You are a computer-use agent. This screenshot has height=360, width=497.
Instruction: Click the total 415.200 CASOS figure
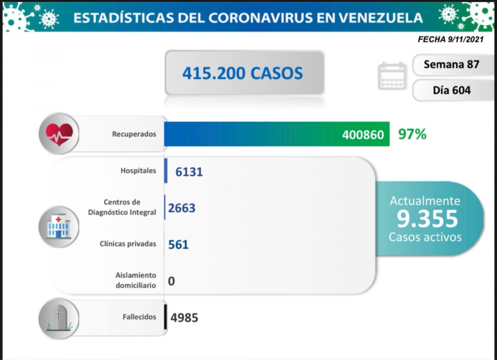click(243, 73)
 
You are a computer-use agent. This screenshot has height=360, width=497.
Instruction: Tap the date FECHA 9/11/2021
click(450, 39)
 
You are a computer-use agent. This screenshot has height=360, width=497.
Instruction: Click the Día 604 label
click(451, 90)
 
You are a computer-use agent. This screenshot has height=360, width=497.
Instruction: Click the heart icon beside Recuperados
click(59, 134)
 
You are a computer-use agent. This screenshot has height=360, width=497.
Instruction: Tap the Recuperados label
click(134, 134)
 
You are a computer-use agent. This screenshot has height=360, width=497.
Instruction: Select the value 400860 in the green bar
click(363, 134)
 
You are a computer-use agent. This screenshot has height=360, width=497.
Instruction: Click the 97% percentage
click(412, 134)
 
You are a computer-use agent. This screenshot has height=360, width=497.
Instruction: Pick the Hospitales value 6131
click(189, 172)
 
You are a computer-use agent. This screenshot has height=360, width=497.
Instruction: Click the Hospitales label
click(138, 171)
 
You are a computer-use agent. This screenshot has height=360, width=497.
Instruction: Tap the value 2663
click(182, 208)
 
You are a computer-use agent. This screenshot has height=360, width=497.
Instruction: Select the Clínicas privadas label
click(128, 244)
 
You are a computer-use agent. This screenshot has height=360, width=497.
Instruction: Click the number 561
click(178, 244)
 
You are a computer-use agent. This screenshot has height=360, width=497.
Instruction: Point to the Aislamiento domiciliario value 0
click(171, 281)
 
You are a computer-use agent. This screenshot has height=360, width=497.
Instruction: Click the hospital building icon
click(59, 227)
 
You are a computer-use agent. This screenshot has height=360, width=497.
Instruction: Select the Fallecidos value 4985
click(184, 318)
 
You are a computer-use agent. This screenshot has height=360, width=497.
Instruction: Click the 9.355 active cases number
click(427, 219)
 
